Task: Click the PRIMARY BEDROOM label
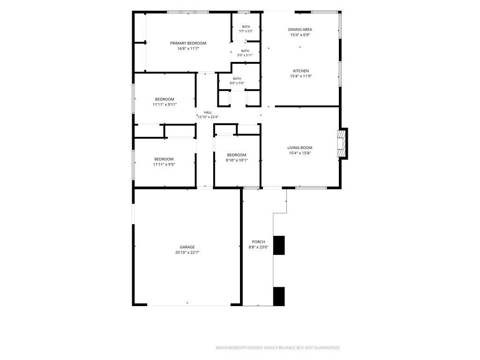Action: (x=188, y=43)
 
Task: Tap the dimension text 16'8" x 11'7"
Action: (x=188, y=48)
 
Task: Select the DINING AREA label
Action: (x=300, y=30)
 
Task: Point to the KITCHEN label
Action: (x=301, y=71)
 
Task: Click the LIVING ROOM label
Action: (x=300, y=148)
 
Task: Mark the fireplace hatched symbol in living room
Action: (x=340, y=143)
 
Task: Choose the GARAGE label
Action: (x=187, y=247)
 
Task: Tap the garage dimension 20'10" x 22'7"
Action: (x=187, y=253)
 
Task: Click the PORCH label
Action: (x=258, y=242)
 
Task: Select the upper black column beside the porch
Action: (x=279, y=245)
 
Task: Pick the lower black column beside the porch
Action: (x=279, y=296)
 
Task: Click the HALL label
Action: (x=208, y=112)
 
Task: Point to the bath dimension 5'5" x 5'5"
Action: (x=246, y=31)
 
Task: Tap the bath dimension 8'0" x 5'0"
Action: (x=237, y=83)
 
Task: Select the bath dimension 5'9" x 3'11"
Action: (x=245, y=55)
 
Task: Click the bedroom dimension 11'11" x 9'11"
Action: (x=165, y=105)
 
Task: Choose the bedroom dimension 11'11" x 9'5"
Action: (x=164, y=165)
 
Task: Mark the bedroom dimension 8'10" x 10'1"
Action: (x=237, y=160)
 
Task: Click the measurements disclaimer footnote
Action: (x=278, y=348)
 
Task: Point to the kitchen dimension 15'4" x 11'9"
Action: (x=301, y=76)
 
